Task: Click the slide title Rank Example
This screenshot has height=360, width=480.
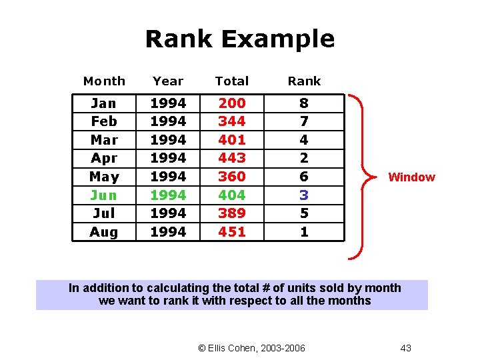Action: point(239,39)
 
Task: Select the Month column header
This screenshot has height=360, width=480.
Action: point(104,81)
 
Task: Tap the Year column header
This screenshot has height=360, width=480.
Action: point(167,81)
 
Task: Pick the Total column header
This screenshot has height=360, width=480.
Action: point(231,81)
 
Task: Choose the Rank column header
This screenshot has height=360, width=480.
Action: point(304,81)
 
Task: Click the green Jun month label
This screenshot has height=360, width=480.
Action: point(104,195)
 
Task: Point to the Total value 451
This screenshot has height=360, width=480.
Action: point(232,232)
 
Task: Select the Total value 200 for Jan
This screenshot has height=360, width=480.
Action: point(232,103)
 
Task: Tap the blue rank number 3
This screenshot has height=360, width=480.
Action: point(304,195)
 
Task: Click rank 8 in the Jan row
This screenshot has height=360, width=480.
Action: point(304,103)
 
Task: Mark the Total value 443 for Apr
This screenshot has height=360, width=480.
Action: point(232,158)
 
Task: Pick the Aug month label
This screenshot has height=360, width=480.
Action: point(104,232)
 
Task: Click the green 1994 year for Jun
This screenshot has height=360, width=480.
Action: point(168,195)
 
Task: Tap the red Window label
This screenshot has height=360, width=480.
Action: point(411,177)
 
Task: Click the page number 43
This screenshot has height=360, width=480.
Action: point(405,348)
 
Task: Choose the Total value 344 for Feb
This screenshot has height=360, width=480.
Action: point(232,121)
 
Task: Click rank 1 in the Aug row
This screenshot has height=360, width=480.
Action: point(304,232)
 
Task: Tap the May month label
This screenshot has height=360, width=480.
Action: point(104,177)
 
